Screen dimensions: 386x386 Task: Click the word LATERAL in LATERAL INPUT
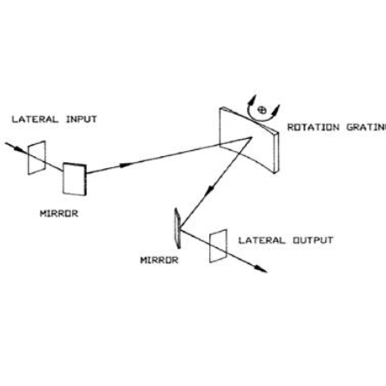click(x=35, y=119)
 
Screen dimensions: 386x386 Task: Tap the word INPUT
click(x=81, y=119)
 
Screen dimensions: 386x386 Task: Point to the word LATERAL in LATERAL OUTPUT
click(x=262, y=240)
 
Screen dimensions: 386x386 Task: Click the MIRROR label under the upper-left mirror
click(x=59, y=214)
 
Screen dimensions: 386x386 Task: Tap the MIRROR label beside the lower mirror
click(x=160, y=260)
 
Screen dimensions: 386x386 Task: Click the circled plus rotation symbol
click(x=262, y=110)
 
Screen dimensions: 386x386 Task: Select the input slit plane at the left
click(x=37, y=158)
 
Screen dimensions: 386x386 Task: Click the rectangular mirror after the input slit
click(x=75, y=179)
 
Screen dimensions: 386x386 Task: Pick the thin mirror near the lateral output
click(x=178, y=228)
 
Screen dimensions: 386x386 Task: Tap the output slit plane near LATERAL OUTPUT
click(x=219, y=246)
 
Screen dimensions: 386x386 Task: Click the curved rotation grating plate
click(x=249, y=140)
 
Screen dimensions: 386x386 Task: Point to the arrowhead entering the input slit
click(x=17, y=148)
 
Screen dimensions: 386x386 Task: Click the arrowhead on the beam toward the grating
click(x=126, y=165)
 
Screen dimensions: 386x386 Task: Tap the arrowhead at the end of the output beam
click(x=261, y=269)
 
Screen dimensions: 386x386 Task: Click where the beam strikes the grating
click(x=251, y=137)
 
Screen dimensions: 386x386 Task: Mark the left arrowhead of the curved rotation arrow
click(x=253, y=100)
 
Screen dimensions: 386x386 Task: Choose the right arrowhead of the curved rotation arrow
click(x=276, y=110)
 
